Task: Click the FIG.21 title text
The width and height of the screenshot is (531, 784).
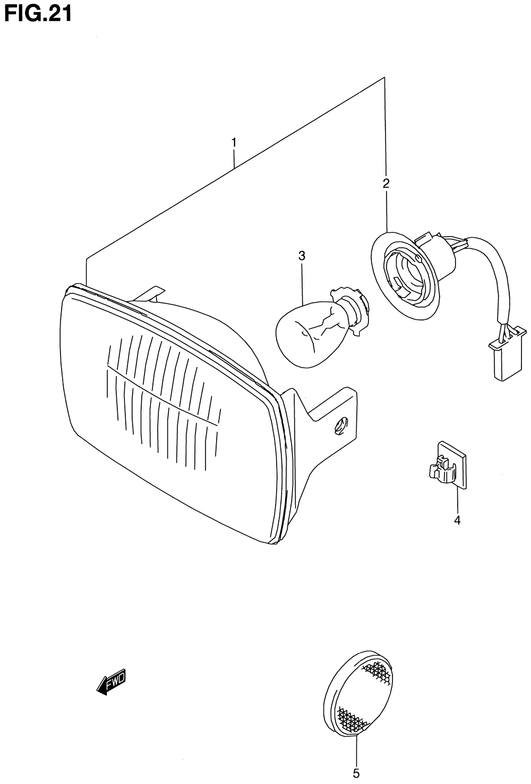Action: click(x=37, y=13)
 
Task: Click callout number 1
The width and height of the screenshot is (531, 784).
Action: click(x=234, y=143)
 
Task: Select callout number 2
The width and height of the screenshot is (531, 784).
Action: click(x=386, y=184)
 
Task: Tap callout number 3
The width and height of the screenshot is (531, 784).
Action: click(x=302, y=256)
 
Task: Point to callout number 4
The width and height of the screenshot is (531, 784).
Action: click(x=457, y=520)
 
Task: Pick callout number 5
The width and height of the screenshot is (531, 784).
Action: click(x=356, y=773)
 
